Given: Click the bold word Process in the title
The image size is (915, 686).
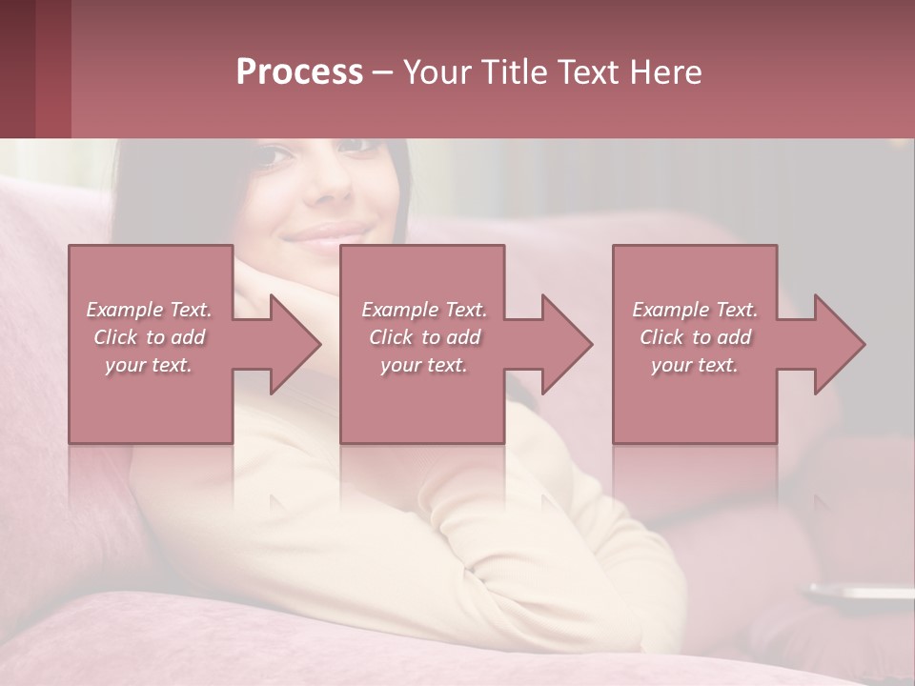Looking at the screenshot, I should (299, 72).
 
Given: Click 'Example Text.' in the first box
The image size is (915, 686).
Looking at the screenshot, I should (149, 310).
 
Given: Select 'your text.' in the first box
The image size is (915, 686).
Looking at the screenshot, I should (149, 365).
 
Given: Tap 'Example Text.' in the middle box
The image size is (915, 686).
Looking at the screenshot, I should (424, 310).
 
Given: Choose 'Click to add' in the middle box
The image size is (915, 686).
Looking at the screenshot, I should (424, 337).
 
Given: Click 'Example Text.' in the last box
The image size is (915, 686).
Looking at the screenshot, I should (695, 310).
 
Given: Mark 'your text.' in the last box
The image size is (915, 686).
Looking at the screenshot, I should (695, 365).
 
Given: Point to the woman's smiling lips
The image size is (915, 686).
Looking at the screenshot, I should (329, 234).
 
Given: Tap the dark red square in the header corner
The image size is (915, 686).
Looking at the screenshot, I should (18, 69).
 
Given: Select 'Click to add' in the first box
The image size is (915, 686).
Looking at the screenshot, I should (149, 337).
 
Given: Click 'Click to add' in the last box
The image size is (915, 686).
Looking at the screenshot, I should (695, 337).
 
